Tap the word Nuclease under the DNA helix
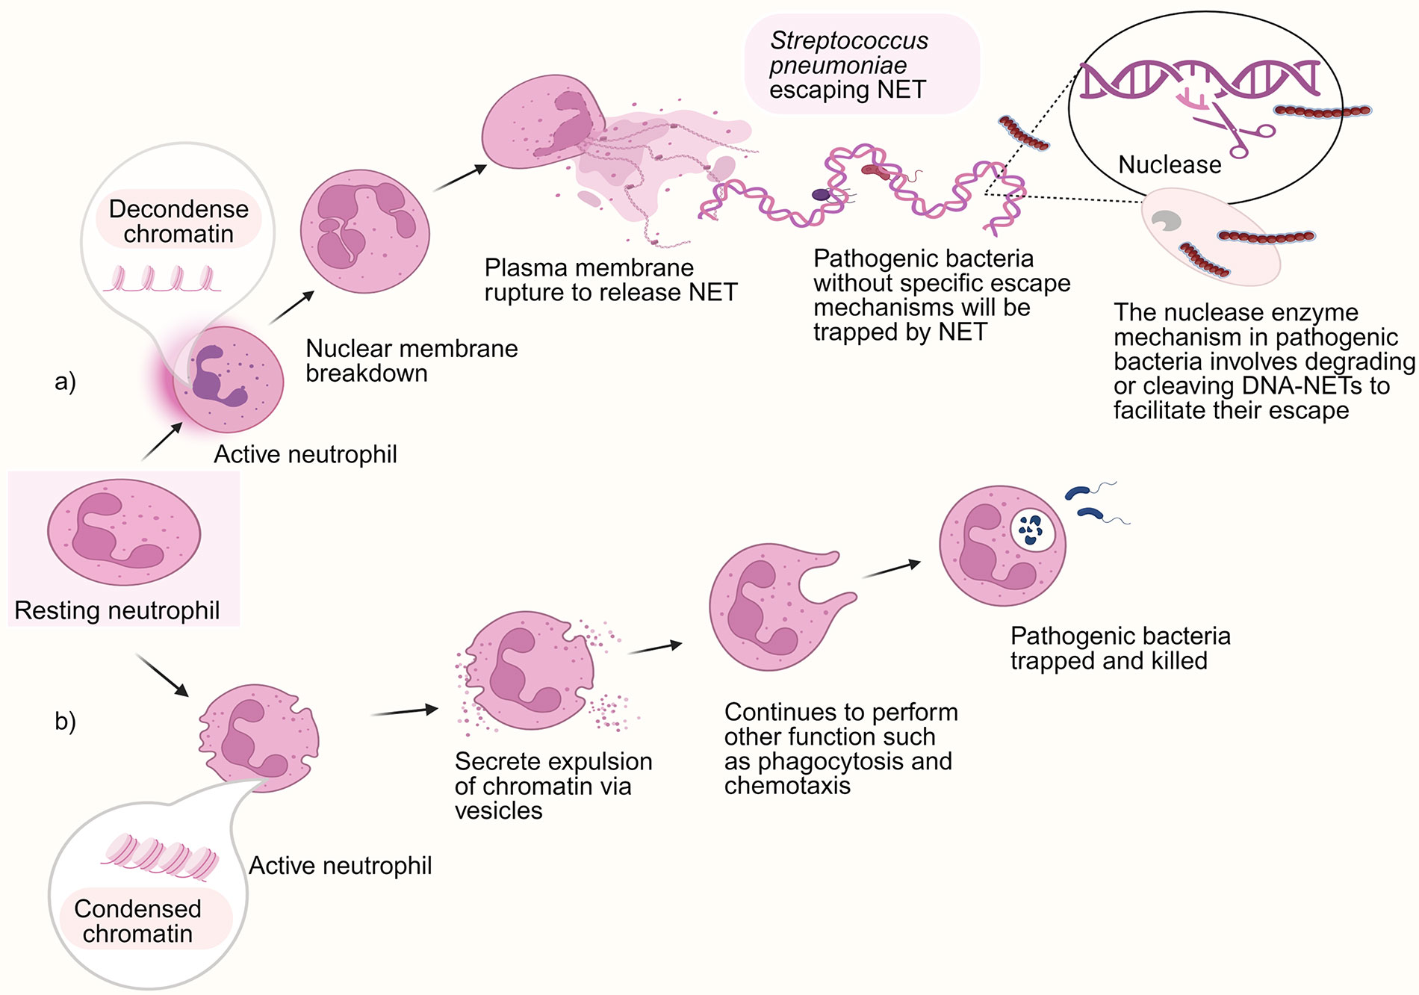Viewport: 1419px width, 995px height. coord(1170,164)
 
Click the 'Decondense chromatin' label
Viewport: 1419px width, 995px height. coord(178,221)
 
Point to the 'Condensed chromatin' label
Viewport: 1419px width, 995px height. coord(138,921)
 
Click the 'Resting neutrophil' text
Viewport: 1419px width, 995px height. coord(117,610)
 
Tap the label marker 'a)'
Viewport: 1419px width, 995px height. coord(66,382)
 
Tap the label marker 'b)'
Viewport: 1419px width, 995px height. coord(66,721)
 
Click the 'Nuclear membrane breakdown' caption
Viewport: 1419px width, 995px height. coord(412,360)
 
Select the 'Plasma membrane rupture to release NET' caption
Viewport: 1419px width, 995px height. coord(610,279)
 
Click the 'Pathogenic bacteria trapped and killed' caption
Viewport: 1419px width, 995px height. coord(1120,648)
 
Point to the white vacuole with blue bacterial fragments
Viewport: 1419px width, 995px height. coord(1032,529)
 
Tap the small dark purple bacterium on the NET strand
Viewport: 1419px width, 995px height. coord(822,195)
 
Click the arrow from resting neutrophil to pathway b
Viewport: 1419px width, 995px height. coord(162,675)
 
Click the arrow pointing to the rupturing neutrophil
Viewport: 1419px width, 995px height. coord(460,178)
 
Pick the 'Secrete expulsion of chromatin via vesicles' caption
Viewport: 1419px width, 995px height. coord(553,786)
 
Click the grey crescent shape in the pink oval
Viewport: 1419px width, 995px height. coord(1165,221)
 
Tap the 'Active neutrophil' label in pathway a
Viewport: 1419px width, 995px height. coord(305,454)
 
